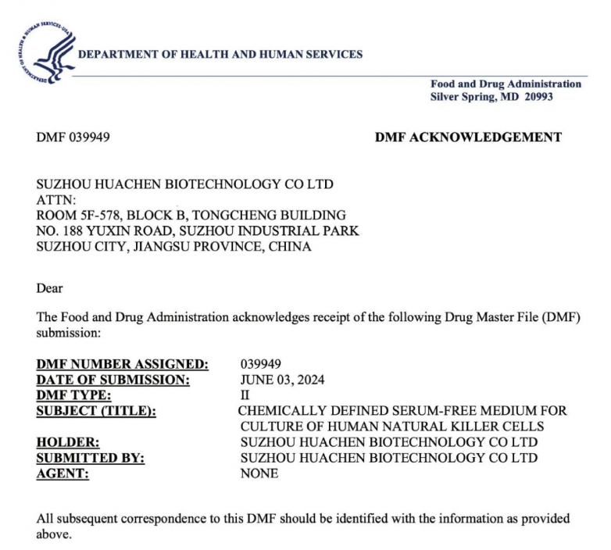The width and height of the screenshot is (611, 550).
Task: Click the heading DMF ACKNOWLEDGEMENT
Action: coord(468,137)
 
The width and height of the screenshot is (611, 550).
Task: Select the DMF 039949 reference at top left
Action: coord(73,137)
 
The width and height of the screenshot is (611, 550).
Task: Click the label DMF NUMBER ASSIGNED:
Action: coord(123,364)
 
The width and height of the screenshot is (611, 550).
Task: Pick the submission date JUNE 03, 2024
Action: coord(282,380)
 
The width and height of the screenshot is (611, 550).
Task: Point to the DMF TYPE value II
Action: coord(245,395)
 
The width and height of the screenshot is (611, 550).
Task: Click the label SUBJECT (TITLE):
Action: coord(96,411)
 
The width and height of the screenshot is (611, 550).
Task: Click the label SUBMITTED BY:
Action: coord(91,458)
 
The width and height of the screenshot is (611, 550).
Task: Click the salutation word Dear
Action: coord(50,288)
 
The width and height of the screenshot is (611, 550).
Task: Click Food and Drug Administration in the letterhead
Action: coord(506,84)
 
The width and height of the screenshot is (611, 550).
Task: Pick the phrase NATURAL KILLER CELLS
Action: coord(470,427)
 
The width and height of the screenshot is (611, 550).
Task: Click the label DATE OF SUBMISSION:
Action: coord(113,380)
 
